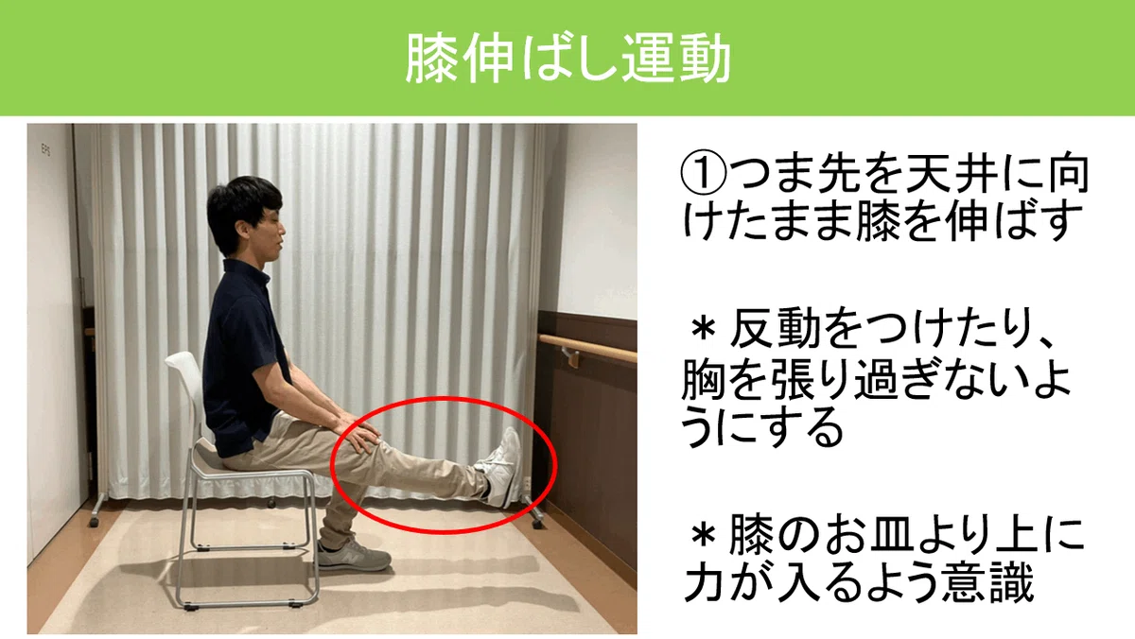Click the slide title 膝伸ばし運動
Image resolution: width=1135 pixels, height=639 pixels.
pyautogui.click(x=567, y=59)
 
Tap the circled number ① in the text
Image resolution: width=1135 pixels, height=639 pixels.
pyautogui.click(x=703, y=176)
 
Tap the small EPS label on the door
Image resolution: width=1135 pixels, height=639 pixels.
pyautogui.click(x=45, y=149)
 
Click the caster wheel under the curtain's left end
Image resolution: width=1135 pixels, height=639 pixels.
pyautogui.click(x=94, y=522)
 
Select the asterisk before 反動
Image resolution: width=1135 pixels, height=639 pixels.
pyautogui.click(x=704, y=329)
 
